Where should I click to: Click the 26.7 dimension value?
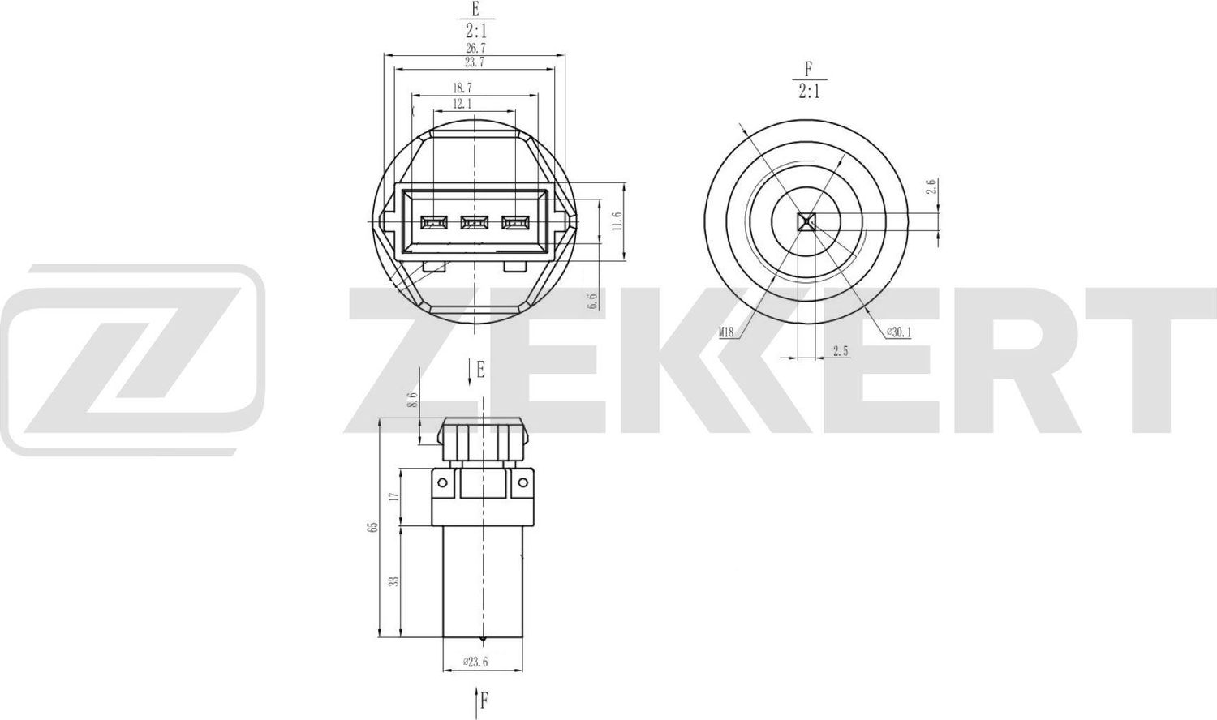tap(475, 49)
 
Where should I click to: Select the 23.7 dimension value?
tap(475, 62)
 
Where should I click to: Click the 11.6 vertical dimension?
tap(617, 222)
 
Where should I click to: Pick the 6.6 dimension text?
tap(592, 302)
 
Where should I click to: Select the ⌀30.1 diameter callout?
tap(898, 331)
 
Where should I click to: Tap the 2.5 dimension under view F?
tap(841, 351)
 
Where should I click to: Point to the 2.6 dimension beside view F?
tap(932, 187)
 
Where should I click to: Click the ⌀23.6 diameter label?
tap(475, 662)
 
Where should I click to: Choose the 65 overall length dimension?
tap(373, 527)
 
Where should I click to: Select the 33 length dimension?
tap(395, 581)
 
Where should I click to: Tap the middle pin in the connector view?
tap(474, 221)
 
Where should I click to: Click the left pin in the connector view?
tap(433, 221)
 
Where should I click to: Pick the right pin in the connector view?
tap(515, 221)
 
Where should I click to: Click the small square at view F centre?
tap(805, 222)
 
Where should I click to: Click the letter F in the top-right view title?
tap(808, 69)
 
